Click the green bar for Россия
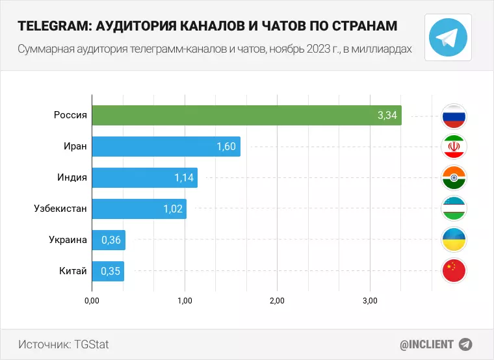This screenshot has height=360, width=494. [246, 116]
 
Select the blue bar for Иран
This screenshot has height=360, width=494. [166, 147]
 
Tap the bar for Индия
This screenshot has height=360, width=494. [144, 177]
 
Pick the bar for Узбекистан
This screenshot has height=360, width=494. [139, 209]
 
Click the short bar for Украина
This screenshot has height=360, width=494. [109, 240]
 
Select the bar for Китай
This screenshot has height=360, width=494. [108, 271]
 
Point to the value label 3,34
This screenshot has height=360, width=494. [387, 116]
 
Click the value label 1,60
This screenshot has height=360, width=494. [226, 147]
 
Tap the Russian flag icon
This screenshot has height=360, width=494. [454, 116]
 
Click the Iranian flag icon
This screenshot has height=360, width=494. [454, 147]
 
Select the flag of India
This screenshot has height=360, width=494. [454, 177]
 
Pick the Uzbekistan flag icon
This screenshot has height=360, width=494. [454, 209]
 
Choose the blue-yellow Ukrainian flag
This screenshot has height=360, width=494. [454, 240]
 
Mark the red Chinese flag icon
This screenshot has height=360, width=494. [454, 270]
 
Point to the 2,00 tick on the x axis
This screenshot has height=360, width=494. [278, 301]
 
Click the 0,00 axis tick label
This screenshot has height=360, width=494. [92, 301]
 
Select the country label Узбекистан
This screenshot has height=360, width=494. [60, 209]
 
